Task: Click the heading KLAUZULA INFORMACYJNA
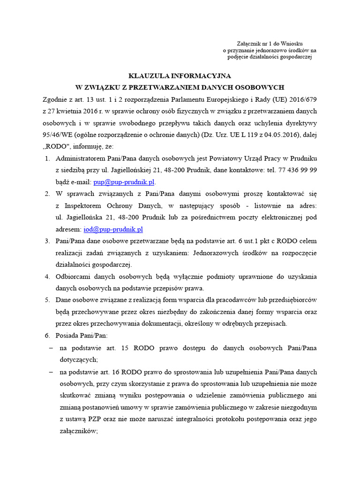180,75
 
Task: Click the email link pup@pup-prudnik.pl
124,181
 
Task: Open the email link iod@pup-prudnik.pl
113,229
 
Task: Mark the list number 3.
47,241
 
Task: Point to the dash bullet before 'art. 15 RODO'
51,348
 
